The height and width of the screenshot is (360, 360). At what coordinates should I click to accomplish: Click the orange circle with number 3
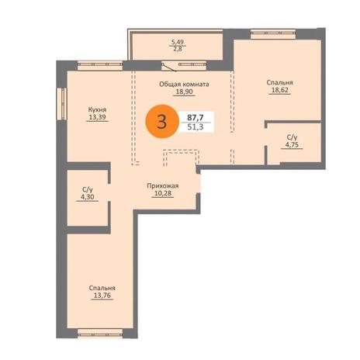pyautogui.click(x=162, y=121)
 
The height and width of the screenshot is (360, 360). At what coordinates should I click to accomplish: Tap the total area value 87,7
pyautogui.click(x=196, y=118)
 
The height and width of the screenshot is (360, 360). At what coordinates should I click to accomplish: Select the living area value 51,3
pyautogui.click(x=196, y=127)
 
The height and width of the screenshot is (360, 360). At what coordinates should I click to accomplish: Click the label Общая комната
pyautogui.click(x=184, y=85)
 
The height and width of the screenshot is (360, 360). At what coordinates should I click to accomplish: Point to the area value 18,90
pyautogui.click(x=184, y=92)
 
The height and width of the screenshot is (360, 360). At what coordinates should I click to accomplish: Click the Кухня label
pyautogui.click(x=97, y=109)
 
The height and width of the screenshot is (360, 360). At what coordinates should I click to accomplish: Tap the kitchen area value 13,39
pyautogui.click(x=97, y=117)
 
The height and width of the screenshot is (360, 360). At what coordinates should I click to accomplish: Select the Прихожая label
pyautogui.click(x=163, y=186)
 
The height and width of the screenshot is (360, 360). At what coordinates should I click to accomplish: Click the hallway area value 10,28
pyautogui.click(x=163, y=193)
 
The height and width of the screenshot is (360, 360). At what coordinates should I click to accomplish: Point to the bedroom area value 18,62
pyautogui.click(x=280, y=90)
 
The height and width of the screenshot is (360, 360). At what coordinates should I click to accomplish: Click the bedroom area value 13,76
pyautogui.click(x=102, y=296)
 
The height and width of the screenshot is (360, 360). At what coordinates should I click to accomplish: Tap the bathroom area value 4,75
pyautogui.click(x=292, y=144)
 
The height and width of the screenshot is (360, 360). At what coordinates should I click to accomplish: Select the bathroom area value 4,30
pyautogui.click(x=87, y=197)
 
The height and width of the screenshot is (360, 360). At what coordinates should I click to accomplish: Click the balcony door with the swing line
pyautogui.click(x=170, y=66)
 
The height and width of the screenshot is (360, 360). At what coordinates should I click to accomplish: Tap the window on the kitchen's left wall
pyautogui.click(x=62, y=104)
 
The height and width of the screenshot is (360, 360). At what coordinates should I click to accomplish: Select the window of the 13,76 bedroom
pyautogui.click(x=100, y=333)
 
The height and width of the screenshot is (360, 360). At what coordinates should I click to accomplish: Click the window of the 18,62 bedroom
pyautogui.click(x=273, y=34)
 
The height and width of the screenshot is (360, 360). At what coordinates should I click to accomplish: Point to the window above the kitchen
pyautogui.click(x=100, y=66)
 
